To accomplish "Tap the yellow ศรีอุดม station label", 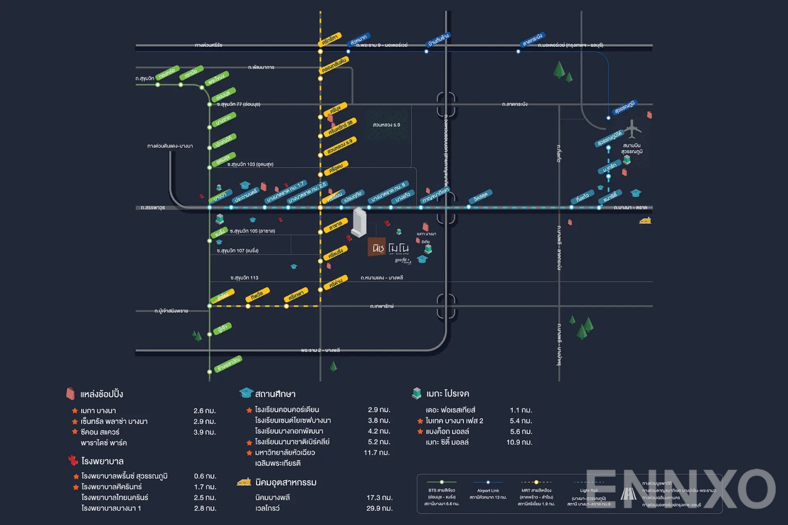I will [336, 168].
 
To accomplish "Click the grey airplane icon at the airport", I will [632, 129].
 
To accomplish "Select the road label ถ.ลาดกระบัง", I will [515, 104].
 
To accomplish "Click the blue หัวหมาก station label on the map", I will [359, 40].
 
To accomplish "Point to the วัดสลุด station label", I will [480, 196].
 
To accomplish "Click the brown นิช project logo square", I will [377, 247].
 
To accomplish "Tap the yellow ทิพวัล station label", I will [257, 295].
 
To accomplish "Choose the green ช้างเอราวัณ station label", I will [229, 364].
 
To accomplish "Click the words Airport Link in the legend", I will [488, 491].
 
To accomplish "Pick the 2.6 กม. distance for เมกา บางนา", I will [204, 411].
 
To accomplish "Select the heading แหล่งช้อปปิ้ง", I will [101, 394].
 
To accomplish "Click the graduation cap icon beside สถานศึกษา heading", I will [246, 393].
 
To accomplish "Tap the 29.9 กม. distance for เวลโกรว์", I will [379, 508].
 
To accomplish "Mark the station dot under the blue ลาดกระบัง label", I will [518, 51].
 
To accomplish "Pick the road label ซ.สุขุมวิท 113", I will [244, 278].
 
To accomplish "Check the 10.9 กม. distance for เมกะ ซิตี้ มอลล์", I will [519, 442].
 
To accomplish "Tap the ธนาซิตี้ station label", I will [610, 197].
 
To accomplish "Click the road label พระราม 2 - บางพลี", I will [320, 350].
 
